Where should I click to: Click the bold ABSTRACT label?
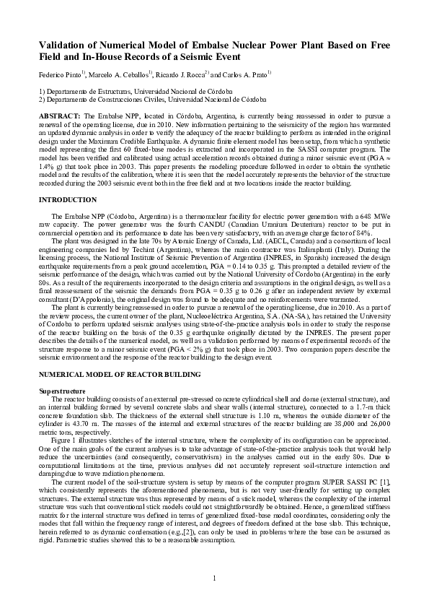60,116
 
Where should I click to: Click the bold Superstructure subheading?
61,391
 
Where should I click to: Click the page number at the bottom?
214,578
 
